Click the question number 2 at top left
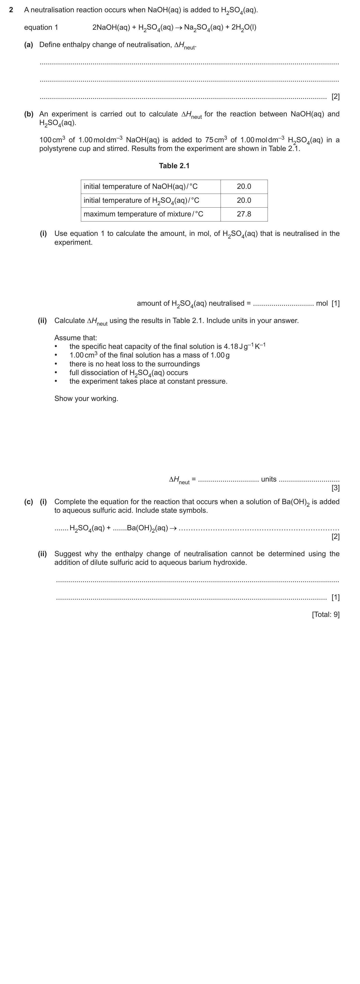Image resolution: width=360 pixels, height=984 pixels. click(x=11, y=10)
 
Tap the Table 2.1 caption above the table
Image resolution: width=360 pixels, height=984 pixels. click(x=174, y=166)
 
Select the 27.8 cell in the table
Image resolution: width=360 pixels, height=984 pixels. click(x=244, y=214)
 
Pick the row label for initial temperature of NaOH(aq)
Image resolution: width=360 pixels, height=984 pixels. click(x=141, y=187)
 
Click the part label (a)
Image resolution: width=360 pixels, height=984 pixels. click(x=29, y=45)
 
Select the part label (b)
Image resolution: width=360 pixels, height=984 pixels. click(x=29, y=114)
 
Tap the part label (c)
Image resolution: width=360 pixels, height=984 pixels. click(x=29, y=501)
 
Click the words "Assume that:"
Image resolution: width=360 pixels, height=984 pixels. click(x=76, y=338)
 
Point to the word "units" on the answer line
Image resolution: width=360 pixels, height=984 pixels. click(x=268, y=479)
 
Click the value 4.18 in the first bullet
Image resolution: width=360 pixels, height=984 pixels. click(x=230, y=346)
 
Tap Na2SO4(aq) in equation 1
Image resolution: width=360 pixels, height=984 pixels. click(x=203, y=28)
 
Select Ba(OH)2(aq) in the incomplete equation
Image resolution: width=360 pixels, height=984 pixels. click(x=147, y=528)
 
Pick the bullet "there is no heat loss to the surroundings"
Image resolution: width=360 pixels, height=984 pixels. click(x=135, y=364)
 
